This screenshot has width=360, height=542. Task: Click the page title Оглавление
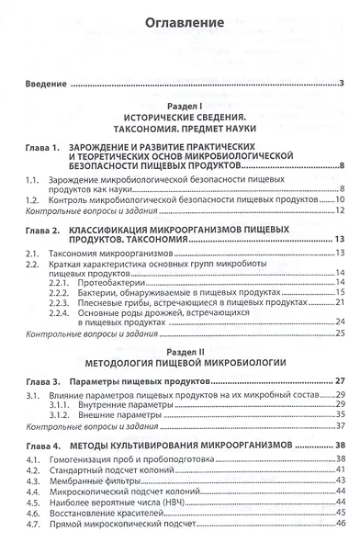pyautogui.click(x=180, y=19)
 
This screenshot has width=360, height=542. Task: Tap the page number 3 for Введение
pyautogui.click(x=341, y=85)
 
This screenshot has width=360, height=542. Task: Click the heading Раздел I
pyautogui.click(x=180, y=107)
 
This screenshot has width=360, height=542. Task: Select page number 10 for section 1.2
pyautogui.click(x=339, y=199)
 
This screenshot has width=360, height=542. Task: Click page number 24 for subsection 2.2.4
pyautogui.click(x=339, y=322)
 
